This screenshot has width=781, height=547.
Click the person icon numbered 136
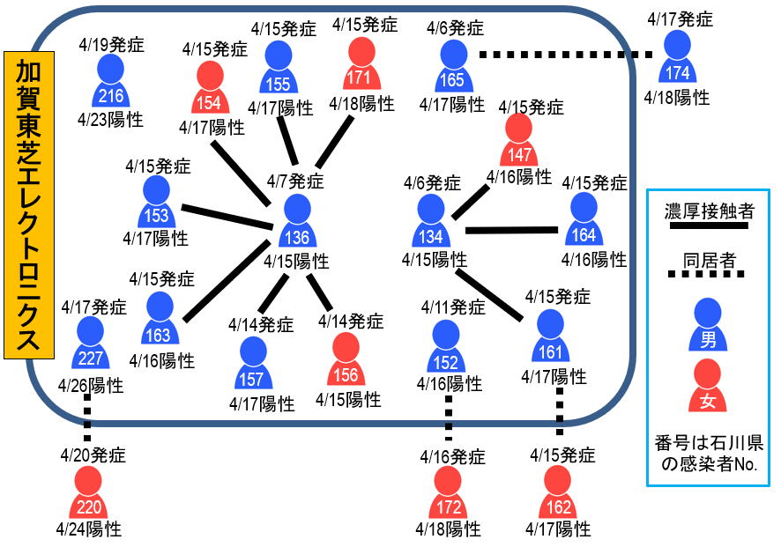tap(296, 222)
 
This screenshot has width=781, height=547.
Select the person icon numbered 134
tap(430, 221)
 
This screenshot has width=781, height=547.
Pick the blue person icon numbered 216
tap(110, 81)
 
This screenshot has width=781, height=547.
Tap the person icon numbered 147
tap(519, 141)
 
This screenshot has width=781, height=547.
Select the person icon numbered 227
tap(89, 345)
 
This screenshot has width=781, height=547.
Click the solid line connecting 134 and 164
tap(511, 231)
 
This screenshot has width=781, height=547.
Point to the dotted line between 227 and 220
tap(87, 418)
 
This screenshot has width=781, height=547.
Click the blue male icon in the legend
tap(708, 322)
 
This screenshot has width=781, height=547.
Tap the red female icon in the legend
tap(708, 387)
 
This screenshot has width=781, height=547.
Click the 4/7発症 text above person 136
tap(295, 182)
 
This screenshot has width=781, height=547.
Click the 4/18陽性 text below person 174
tap(676, 98)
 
